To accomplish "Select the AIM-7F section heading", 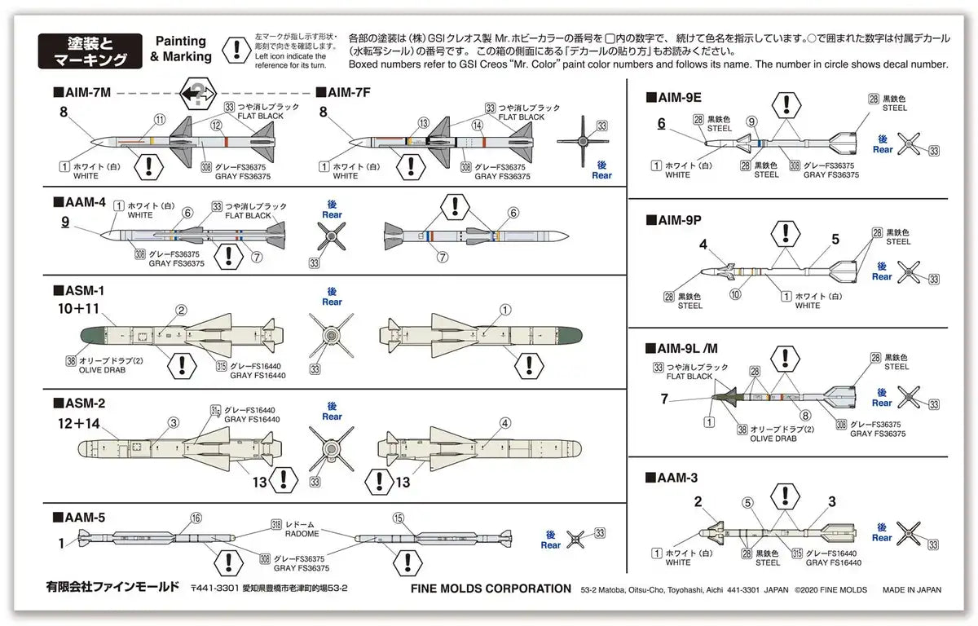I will pos(343,94).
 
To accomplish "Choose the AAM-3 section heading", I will pos(672,478).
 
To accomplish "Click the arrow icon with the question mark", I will pos(196,95).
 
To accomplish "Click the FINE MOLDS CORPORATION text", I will pos(491,589).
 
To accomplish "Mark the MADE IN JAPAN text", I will pos(911,589).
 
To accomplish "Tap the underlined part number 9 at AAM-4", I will pos(64,220).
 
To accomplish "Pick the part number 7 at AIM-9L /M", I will pos(664,399).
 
